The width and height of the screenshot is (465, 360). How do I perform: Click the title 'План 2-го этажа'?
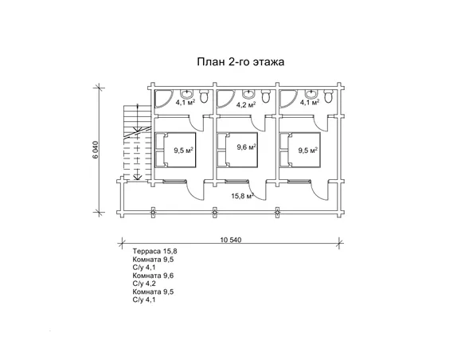click(x=240, y=61)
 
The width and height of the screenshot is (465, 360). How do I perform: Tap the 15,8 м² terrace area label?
click(x=242, y=195)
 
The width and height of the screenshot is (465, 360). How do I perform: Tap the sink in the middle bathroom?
click(x=248, y=92)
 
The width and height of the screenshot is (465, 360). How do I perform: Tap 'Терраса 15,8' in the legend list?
click(x=154, y=252)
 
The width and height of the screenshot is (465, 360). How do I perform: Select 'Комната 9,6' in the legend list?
click(x=154, y=276)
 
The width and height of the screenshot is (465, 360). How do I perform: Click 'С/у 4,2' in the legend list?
click(x=147, y=284)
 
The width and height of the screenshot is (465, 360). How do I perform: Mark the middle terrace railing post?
click(x=215, y=211)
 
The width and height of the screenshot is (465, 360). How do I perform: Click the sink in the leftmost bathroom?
click(x=186, y=92)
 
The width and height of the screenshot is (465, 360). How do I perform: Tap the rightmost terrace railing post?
click(x=277, y=211)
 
